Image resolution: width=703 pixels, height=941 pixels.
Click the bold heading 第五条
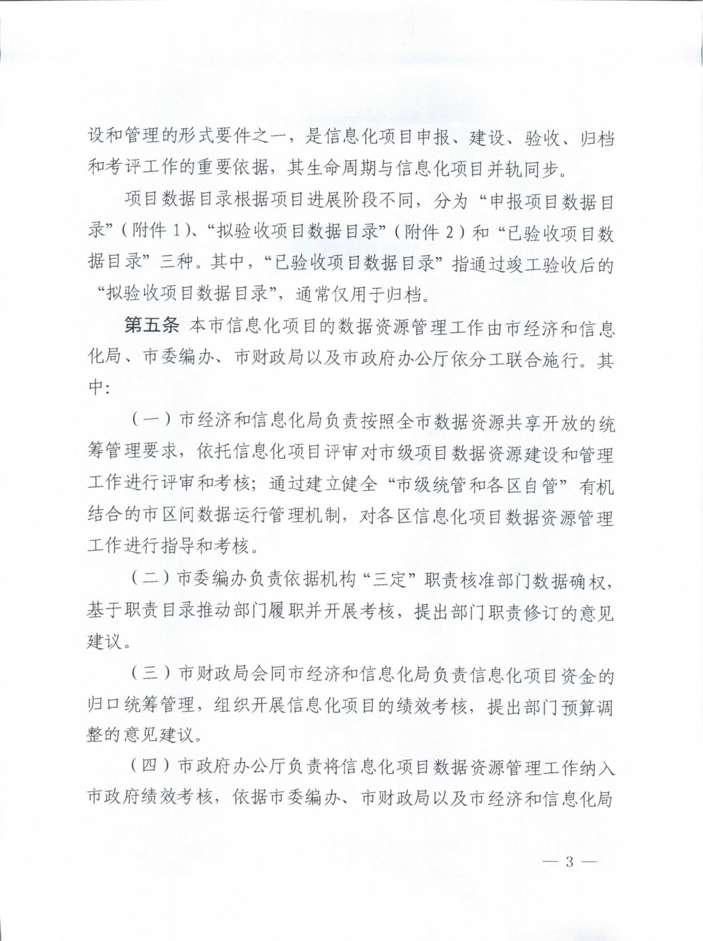152,326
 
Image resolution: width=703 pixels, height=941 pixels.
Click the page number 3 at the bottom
569,861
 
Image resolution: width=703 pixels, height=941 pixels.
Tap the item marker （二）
151,579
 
